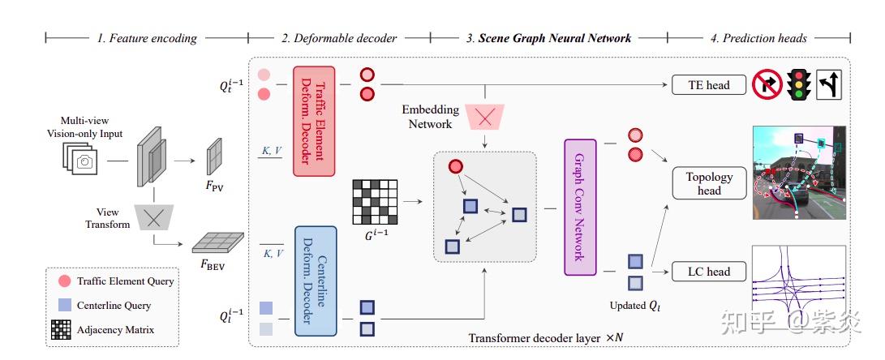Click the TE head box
coord(709,85)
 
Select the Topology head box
coord(709,183)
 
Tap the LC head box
coord(709,272)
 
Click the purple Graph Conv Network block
coord(580,207)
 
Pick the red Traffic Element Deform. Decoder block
coord(314,121)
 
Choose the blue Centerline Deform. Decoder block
coord(315,281)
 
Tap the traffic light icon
coord(799,85)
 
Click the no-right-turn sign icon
coord(767,85)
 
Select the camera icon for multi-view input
coord(81,159)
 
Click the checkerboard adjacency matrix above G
coord(375,202)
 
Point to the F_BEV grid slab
coord(218,242)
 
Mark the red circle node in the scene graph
coord(456,167)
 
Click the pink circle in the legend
coord(64,281)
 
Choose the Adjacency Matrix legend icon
coord(61,330)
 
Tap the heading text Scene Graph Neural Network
coord(555,38)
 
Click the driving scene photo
coord(799,173)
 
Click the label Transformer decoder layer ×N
coord(546,338)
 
